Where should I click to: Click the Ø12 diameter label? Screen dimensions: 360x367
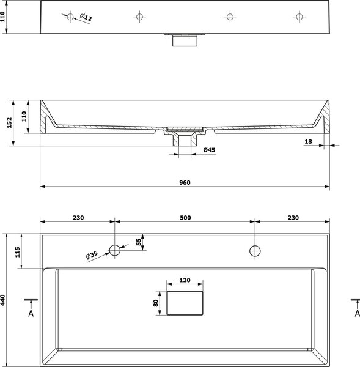(86, 17)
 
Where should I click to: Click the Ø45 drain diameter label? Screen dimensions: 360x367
(209, 150)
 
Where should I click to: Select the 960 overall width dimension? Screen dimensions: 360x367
(185, 182)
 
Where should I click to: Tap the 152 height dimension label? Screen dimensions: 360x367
(9, 123)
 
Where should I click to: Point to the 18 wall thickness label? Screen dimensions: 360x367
(308, 142)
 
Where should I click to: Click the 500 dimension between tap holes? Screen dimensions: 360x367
(185, 218)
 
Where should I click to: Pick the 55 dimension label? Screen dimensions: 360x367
(139, 242)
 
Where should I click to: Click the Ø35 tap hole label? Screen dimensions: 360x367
(92, 255)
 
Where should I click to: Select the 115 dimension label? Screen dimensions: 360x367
(18, 252)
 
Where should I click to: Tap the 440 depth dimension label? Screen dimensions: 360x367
(2, 300)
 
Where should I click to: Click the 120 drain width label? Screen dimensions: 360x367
(185, 280)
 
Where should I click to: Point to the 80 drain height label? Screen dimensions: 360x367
(156, 303)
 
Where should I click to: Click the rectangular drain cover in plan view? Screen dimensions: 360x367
(185, 303)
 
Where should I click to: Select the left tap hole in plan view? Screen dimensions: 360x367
(115, 250)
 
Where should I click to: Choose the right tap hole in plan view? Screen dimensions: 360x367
(255, 251)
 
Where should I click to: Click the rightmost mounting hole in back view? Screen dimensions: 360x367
(299, 17)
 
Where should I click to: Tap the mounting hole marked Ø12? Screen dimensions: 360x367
(70, 17)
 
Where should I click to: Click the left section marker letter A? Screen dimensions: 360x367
(31, 313)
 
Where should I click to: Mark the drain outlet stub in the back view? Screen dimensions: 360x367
(185, 40)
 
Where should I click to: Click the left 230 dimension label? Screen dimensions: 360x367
(78, 218)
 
